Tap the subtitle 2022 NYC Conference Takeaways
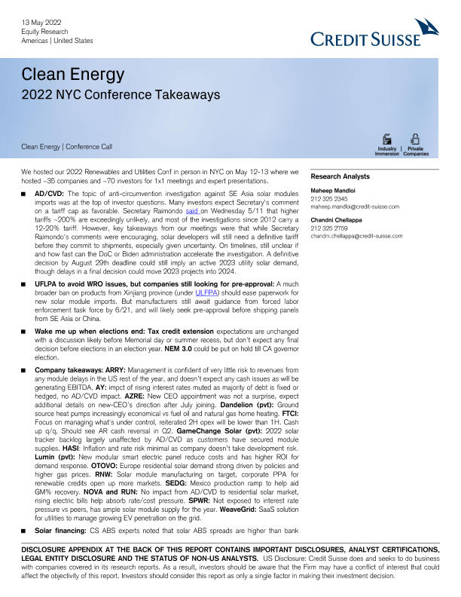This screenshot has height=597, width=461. pos(121,95)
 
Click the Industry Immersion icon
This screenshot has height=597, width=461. pos(386,143)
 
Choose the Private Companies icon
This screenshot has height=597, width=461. pos(415,143)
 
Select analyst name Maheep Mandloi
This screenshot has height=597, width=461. pos(336,191)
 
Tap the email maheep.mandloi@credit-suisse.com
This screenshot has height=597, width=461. pos(355,206)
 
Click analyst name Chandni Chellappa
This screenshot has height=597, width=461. pos(340,220)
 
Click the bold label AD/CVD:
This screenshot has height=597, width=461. pos(50,194)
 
